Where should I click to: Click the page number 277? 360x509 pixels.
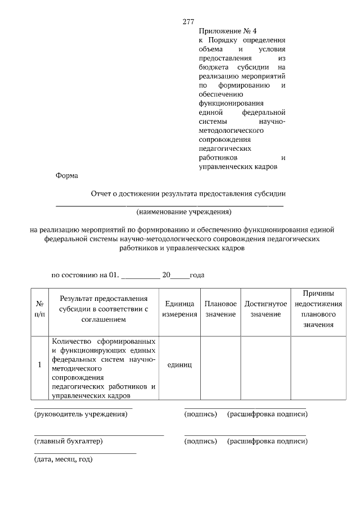coord(188,22)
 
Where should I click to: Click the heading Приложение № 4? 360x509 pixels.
coord(223,31)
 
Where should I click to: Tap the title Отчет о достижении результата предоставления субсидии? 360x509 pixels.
coord(188,193)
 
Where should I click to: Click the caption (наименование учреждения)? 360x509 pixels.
coord(183,212)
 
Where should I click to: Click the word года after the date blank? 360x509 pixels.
coord(197,275)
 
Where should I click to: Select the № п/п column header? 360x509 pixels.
coord(39,308)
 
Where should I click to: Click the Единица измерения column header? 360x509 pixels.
coord(179,309)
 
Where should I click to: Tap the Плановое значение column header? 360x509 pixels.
coord(220,309)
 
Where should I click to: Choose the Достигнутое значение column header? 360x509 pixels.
coord(265,309)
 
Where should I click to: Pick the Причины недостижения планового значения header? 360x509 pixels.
coord(319,309)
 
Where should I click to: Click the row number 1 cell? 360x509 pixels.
coord(39,365)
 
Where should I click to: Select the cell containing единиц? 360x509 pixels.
coord(179,365)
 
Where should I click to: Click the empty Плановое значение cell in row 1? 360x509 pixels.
coord(220,368)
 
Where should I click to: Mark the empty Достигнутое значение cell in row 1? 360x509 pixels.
coord(265,368)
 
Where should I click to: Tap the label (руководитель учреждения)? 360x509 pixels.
coord(81,415)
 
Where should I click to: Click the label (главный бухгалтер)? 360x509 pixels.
coord(69,442)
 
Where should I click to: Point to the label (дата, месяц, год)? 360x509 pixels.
coord(64,460)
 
